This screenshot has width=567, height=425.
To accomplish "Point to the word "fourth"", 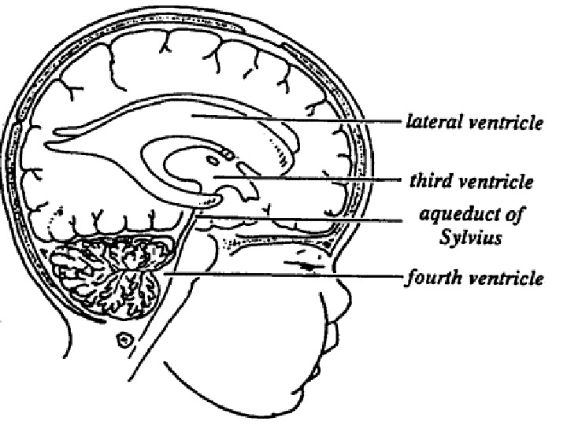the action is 432,278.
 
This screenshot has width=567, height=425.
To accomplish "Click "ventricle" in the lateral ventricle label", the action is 507,123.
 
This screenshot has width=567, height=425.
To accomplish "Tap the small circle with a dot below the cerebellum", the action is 124,341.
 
